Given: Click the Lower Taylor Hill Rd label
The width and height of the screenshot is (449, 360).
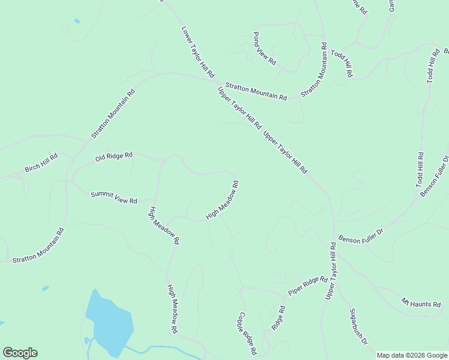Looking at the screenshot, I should tap(198, 53).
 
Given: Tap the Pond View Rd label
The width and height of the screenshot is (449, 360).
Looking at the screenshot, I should tap(265, 49).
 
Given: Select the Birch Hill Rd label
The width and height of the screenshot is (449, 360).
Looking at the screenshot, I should tap(41, 163).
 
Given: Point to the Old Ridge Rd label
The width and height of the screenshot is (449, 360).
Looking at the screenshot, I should tap(113, 157).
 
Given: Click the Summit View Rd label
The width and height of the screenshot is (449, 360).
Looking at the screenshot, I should tap(114, 197).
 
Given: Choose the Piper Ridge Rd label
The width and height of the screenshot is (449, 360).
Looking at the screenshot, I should tap(307, 286).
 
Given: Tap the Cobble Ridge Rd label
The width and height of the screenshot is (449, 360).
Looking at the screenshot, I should tap(247, 333).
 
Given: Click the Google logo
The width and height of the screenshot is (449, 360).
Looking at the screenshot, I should tap(20, 353).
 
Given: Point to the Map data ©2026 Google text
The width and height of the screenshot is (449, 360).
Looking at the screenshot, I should tap(412, 355).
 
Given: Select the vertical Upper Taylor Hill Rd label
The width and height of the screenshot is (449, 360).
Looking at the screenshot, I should tap(331, 272).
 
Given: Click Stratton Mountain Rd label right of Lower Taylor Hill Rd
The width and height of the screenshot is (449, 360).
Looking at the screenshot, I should tap(256, 92).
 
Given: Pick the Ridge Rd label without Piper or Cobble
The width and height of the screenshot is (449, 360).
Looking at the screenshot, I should tap(278, 318).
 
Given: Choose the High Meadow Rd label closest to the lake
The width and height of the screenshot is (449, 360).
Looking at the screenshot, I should tap(172, 309).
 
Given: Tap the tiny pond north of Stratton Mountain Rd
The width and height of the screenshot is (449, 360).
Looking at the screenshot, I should tap(77, 21).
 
